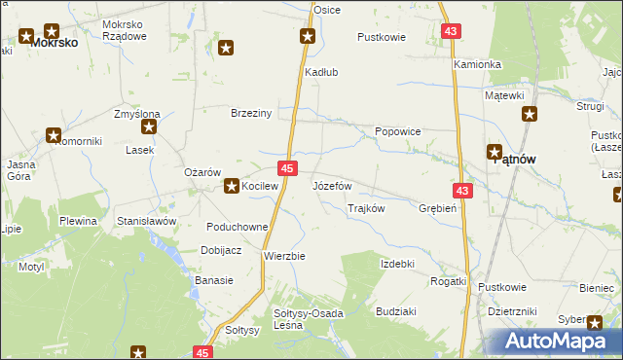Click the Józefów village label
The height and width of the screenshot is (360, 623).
point(331,185)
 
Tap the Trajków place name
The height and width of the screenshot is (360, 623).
point(367,208)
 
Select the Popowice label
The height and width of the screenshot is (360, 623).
point(398,129)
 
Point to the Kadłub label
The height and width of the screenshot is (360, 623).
point(321,72)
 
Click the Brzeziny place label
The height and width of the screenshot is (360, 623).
point(250,112)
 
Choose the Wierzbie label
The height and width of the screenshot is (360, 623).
point(285,256)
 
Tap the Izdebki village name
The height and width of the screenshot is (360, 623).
point(398,264)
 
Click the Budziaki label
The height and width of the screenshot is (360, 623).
point(397,311)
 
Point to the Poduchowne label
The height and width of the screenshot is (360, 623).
point(238,227)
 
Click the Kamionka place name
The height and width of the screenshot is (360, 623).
point(477,64)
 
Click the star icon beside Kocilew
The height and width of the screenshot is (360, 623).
point(232,185)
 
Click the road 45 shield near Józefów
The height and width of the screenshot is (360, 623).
point(287,168)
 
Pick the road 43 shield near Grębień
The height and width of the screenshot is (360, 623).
point(462,191)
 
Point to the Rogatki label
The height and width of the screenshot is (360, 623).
point(449,280)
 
